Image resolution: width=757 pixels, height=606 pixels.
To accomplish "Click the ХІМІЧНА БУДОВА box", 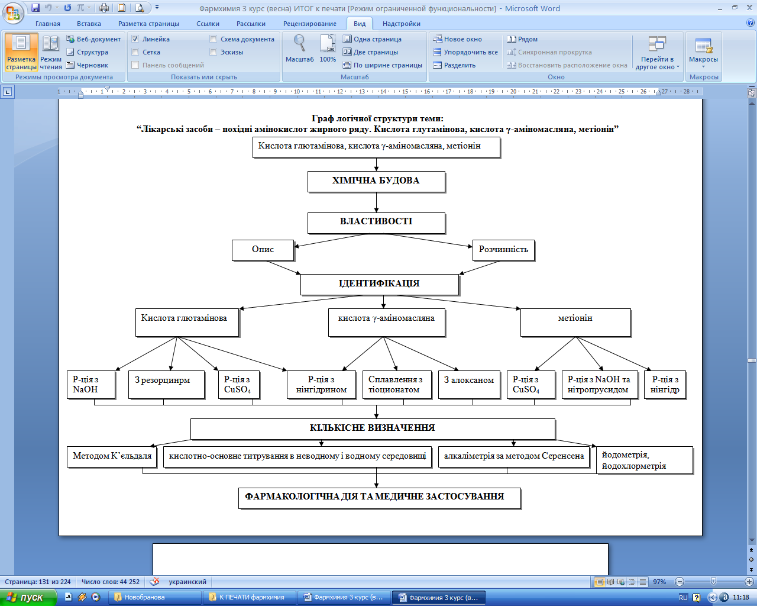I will tap(376, 182).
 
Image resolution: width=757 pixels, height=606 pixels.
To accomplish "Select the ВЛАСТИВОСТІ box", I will tap(376, 223).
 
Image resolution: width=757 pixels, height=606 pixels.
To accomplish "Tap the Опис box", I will tap(263, 250).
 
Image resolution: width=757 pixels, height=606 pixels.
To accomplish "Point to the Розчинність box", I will tap(503, 250).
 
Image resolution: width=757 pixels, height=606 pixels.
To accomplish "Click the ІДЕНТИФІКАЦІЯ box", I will tap(379, 284).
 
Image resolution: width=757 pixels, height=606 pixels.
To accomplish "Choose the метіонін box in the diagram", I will tap(575, 322).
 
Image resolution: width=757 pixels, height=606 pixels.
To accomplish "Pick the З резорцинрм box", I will tap(166, 384).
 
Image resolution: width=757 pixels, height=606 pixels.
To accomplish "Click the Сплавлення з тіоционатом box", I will tap(396, 385).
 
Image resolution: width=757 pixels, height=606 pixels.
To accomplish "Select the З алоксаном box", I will tap(469, 384).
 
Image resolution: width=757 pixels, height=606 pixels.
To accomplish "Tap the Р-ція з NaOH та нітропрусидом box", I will tap(599, 384).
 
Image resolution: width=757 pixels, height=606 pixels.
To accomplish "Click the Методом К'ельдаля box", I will tap(112, 456).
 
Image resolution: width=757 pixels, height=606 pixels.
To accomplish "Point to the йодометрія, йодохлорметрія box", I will tap(644, 460).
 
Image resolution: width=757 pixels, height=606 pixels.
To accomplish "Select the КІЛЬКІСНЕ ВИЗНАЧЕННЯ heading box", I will tap(372, 428).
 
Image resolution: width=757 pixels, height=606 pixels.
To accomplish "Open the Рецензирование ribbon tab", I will tap(309, 24).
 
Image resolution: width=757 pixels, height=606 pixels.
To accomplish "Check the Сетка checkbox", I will tap(135, 52).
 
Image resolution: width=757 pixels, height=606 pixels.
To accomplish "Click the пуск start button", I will tap(27, 598).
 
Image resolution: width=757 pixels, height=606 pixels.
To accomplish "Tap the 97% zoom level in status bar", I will tap(659, 582).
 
